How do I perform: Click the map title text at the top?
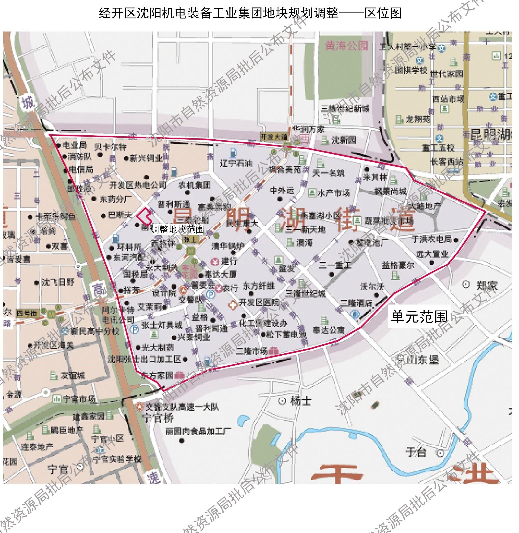point(250,13)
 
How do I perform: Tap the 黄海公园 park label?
point(347,46)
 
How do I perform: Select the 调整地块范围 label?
point(177,229)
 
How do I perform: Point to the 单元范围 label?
point(419,316)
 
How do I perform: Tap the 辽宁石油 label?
point(236,163)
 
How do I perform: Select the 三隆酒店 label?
point(356,303)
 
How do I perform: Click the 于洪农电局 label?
point(432,239)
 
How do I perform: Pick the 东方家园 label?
point(157,376)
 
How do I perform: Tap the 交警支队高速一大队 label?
point(182,407)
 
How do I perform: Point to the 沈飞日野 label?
point(58,282)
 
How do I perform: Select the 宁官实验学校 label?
point(117,459)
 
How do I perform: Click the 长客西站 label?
point(447,162)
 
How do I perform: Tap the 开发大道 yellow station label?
point(274,137)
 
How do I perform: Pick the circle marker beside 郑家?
point(466,284)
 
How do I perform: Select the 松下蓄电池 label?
point(286,334)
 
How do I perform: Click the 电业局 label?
point(74,145)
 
